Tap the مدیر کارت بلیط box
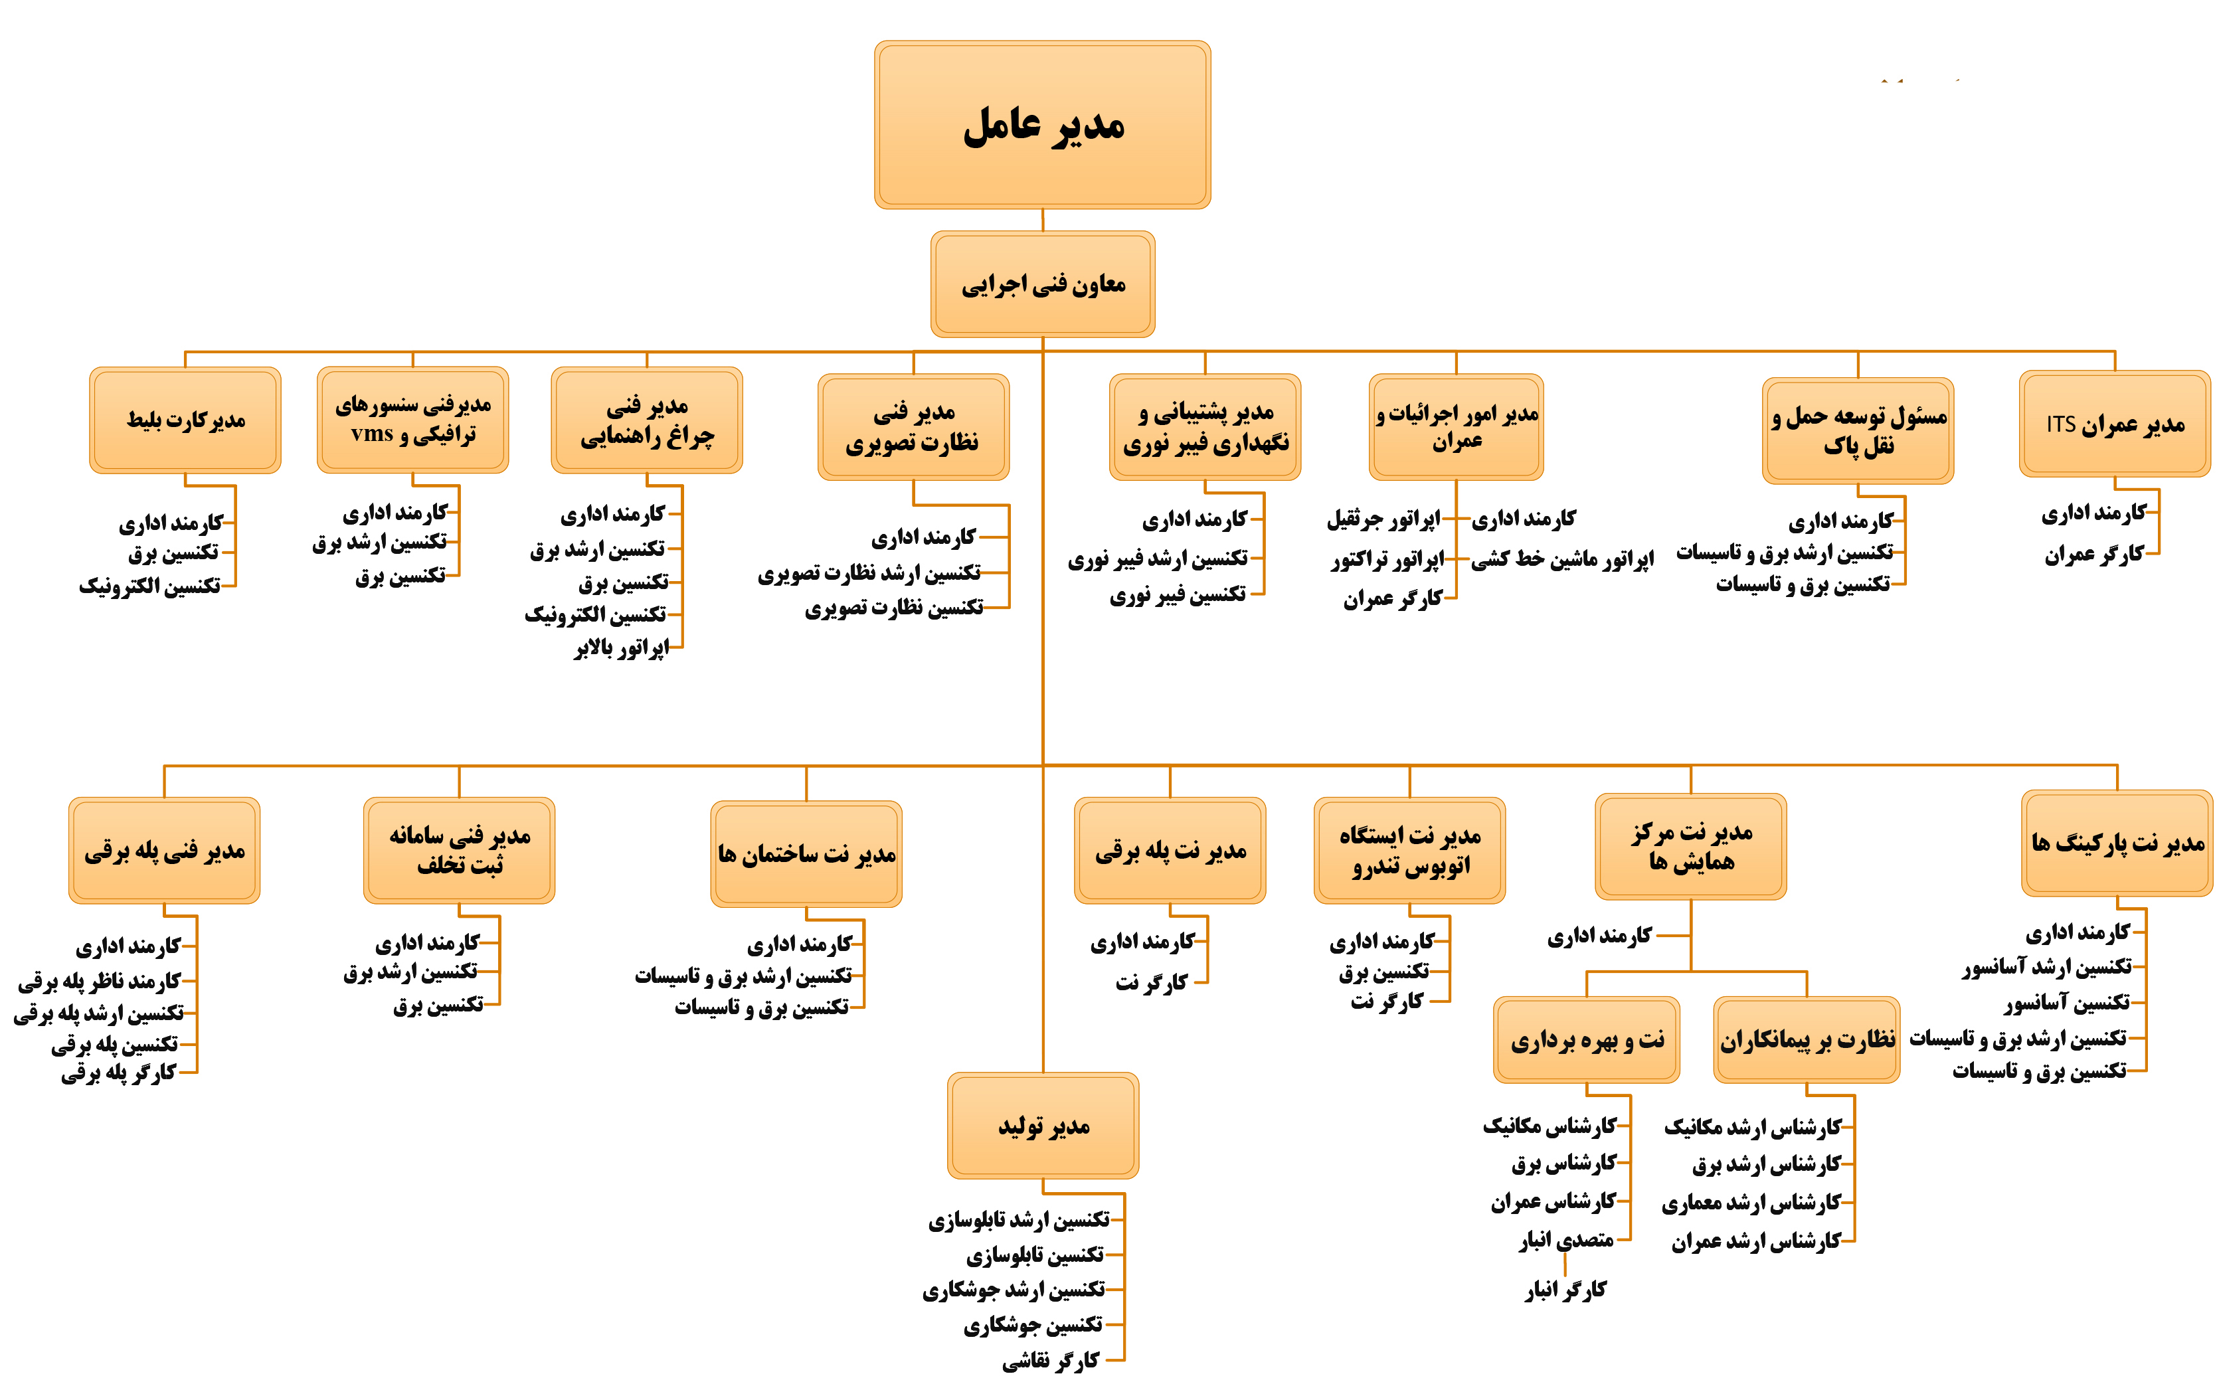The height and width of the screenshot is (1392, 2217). [x=185, y=421]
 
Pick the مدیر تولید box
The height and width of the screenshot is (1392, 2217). [x=1043, y=1126]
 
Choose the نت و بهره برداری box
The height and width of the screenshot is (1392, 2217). [x=1586, y=1040]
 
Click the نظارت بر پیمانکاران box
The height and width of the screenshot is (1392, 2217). [x=1807, y=1040]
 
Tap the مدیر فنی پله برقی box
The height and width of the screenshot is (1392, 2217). [x=164, y=851]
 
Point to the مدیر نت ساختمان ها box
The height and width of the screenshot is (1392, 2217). [x=806, y=854]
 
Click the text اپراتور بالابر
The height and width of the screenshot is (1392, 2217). [x=622, y=648]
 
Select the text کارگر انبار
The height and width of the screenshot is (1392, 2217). [x=1565, y=1290]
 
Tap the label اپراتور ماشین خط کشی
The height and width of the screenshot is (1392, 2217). [x=1562, y=559]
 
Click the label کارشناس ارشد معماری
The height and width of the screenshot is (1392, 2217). [x=1751, y=1203]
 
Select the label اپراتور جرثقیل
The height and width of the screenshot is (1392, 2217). [x=1383, y=519]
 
